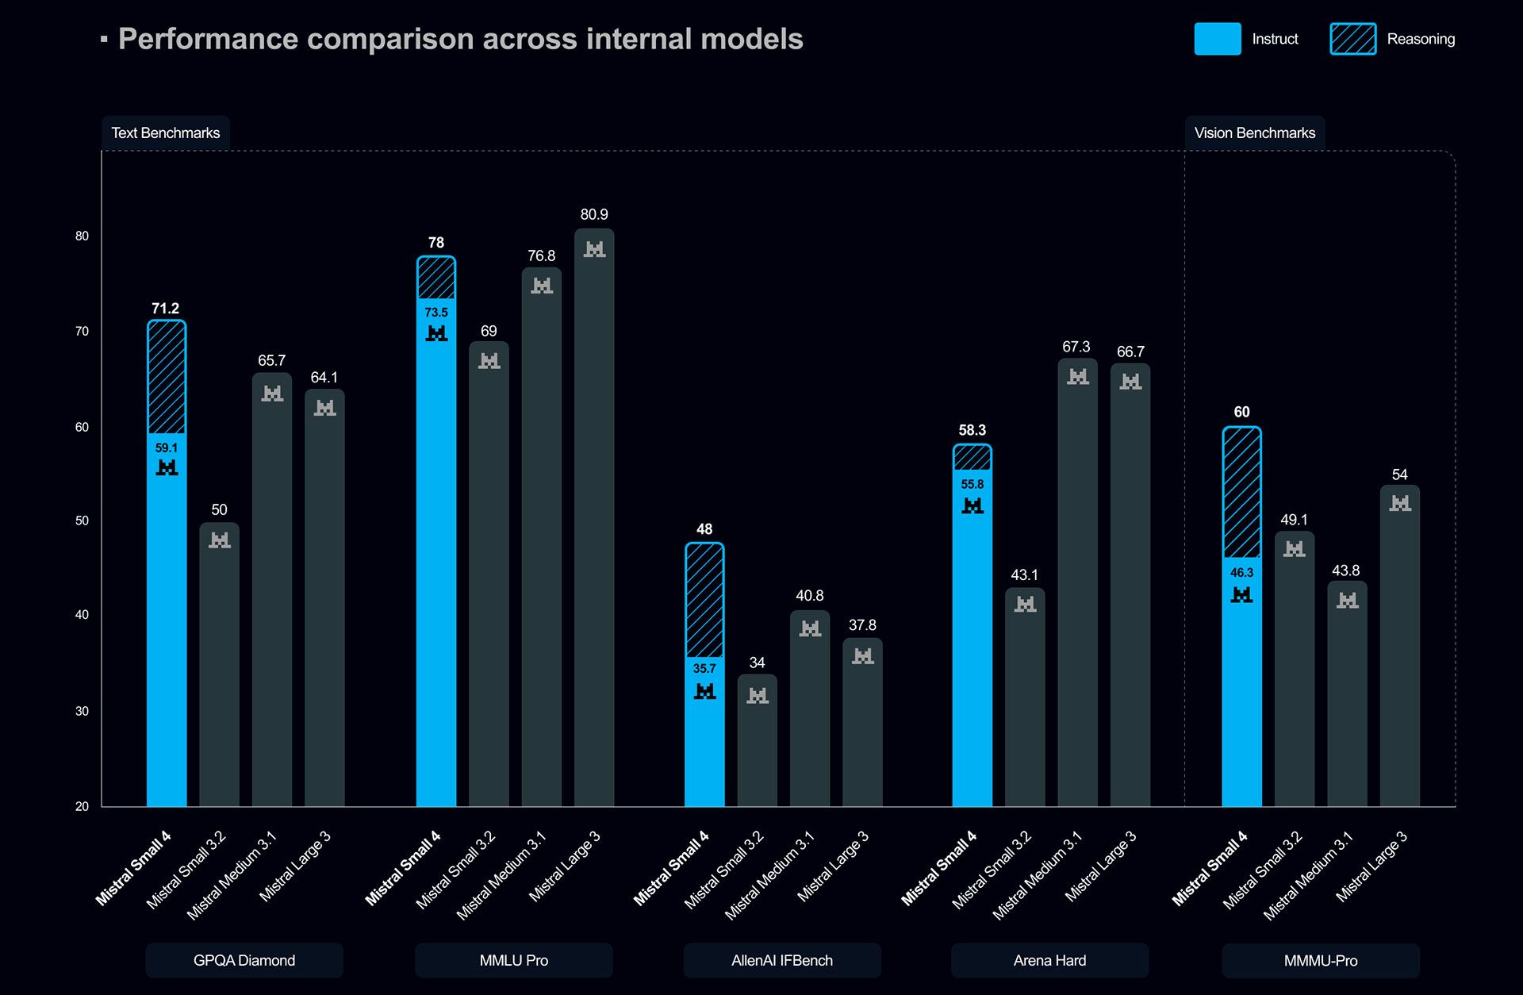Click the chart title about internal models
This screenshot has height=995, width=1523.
[x=460, y=39]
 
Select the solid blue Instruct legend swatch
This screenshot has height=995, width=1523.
[x=1217, y=39]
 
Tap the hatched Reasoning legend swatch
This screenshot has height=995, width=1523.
[x=1352, y=39]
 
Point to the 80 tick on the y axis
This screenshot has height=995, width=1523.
[x=82, y=236]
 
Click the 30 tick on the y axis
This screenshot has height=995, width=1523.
[x=82, y=711]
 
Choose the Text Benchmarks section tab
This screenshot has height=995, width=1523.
[x=165, y=133]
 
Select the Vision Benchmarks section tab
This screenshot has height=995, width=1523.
[x=1254, y=133]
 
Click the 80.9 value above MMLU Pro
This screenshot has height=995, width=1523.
[x=594, y=214]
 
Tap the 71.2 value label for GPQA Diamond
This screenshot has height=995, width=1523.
[x=165, y=308]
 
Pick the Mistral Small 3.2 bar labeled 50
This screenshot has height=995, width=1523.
[x=219, y=667]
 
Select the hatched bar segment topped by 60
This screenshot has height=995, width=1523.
[x=1241, y=492]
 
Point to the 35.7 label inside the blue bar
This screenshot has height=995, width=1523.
[x=704, y=668]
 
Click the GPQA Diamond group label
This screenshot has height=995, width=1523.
[x=244, y=960]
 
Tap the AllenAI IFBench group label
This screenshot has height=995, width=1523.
[x=782, y=960]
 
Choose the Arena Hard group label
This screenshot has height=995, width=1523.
[x=1049, y=960]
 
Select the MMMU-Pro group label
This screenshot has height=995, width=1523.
[x=1321, y=960]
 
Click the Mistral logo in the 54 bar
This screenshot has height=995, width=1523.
[x=1400, y=503]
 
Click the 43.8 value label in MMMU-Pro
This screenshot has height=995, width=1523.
[x=1345, y=570]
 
